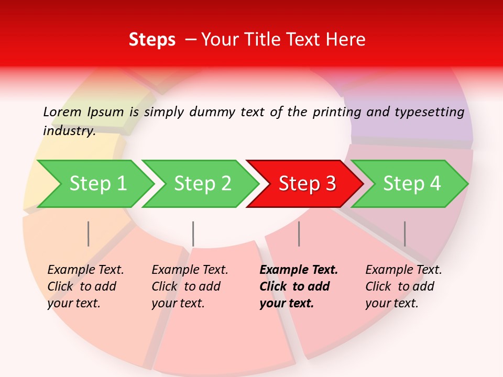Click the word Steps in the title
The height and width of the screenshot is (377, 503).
click(x=152, y=40)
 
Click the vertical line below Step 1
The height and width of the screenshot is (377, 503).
click(x=88, y=234)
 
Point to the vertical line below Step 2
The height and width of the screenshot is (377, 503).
click(x=193, y=234)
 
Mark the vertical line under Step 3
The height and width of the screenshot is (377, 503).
click(x=299, y=234)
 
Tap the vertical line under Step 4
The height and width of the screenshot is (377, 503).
click(x=404, y=234)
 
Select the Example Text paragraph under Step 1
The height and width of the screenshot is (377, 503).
click(x=85, y=286)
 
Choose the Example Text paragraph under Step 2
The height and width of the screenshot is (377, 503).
click(x=190, y=286)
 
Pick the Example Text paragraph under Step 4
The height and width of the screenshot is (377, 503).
click(x=403, y=286)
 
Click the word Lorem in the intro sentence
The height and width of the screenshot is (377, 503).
click(x=63, y=112)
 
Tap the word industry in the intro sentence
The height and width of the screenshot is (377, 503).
click(x=69, y=131)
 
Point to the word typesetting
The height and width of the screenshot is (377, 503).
click(x=429, y=112)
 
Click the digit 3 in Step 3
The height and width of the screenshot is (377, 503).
click(x=330, y=183)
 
